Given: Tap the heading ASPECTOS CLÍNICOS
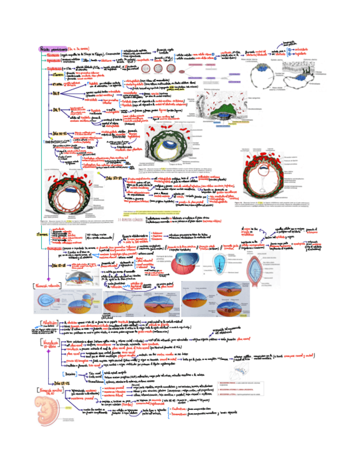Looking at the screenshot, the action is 131,219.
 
